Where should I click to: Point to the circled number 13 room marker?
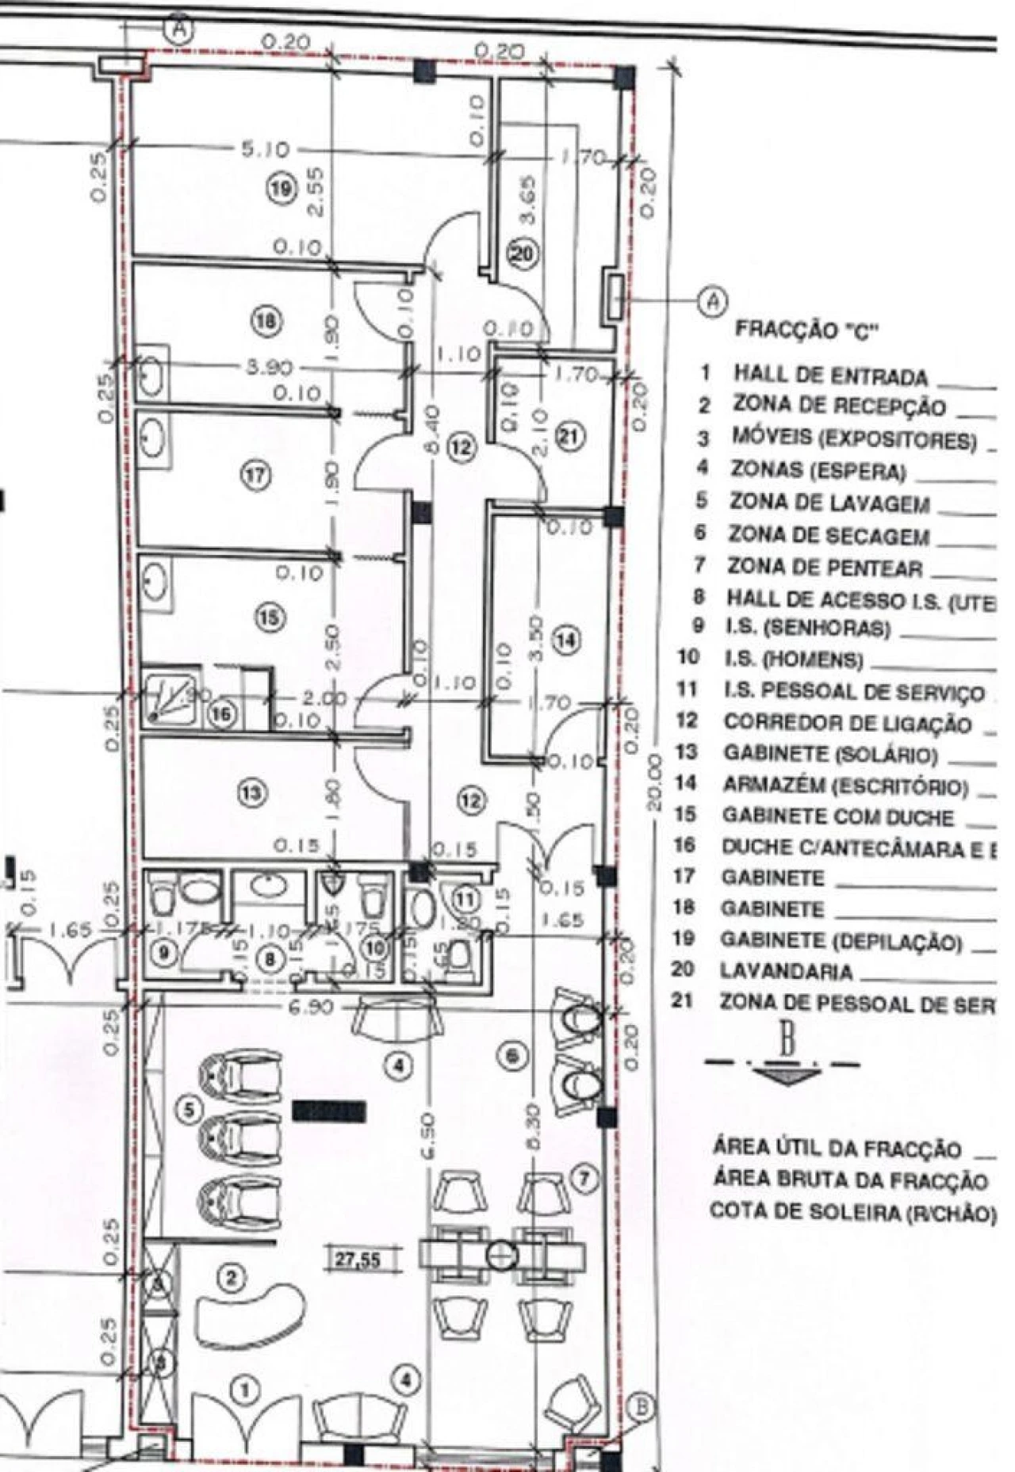point(253,791)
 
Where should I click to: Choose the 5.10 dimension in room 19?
point(266,149)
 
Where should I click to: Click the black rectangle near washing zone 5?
point(329,1112)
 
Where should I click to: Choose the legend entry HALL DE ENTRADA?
point(829,375)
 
